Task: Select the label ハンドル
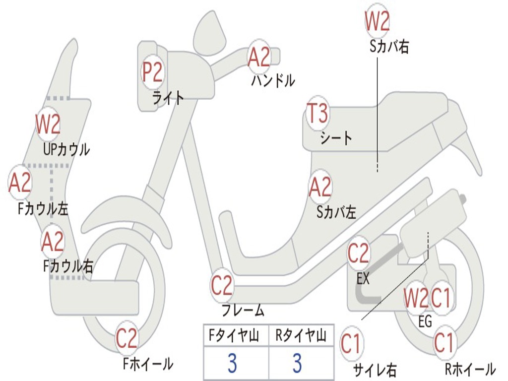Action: point(273,80)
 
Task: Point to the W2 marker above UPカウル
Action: point(48,124)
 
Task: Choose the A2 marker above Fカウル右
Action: point(53,242)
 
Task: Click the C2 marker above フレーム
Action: point(222,285)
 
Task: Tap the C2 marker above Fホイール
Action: point(127,339)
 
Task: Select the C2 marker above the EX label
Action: point(359,254)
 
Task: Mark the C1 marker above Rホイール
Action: point(444,343)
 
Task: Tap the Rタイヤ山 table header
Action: point(301,336)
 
